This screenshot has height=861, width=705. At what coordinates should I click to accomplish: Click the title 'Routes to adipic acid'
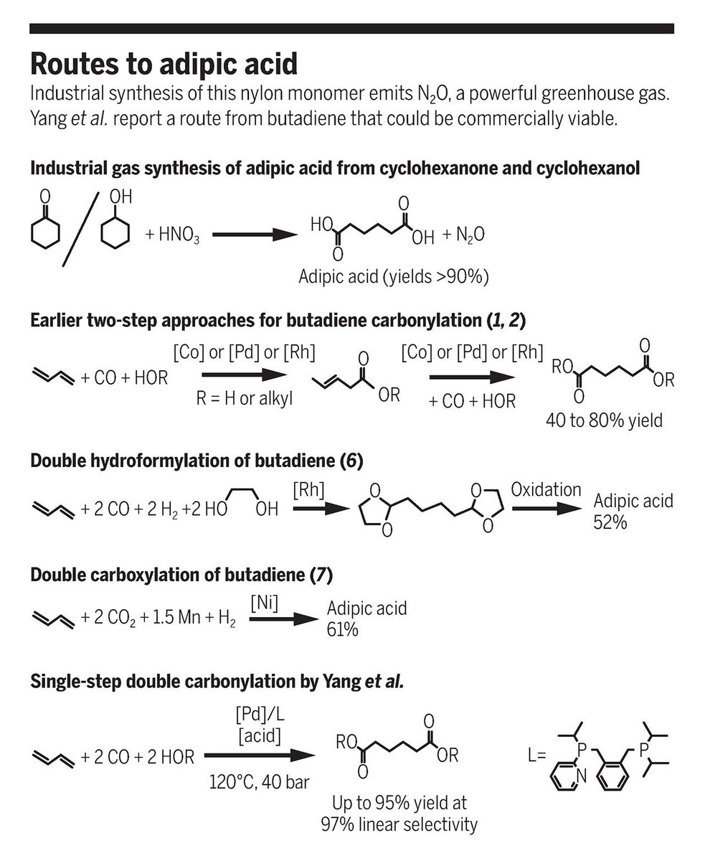point(163,65)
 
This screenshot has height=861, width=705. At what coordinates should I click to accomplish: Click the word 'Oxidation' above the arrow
point(546,489)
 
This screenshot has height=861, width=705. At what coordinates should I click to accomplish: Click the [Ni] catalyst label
point(265,603)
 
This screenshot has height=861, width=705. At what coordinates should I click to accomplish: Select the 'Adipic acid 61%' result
point(366,618)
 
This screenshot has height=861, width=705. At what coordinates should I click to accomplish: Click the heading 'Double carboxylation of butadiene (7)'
point(182,575)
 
